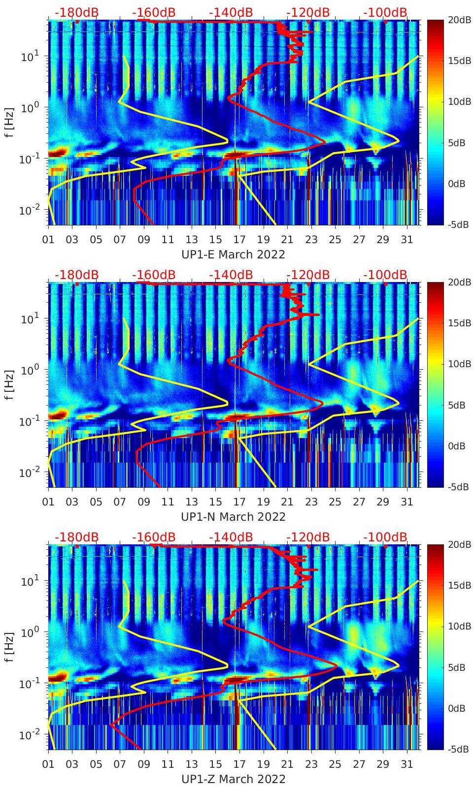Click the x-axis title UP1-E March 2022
pos(234,254)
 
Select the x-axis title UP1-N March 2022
pos(234,517)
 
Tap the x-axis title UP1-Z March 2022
pos(234,779)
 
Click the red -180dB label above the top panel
pos(76,12)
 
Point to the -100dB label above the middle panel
pos(385,275)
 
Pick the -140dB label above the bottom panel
pos(231,537)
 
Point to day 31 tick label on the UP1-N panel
pos(406,502)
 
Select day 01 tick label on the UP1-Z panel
pos(49,764)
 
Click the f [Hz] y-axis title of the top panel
pos(10,122)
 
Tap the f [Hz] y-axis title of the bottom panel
pos(10,647)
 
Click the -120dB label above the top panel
pos(308,12)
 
